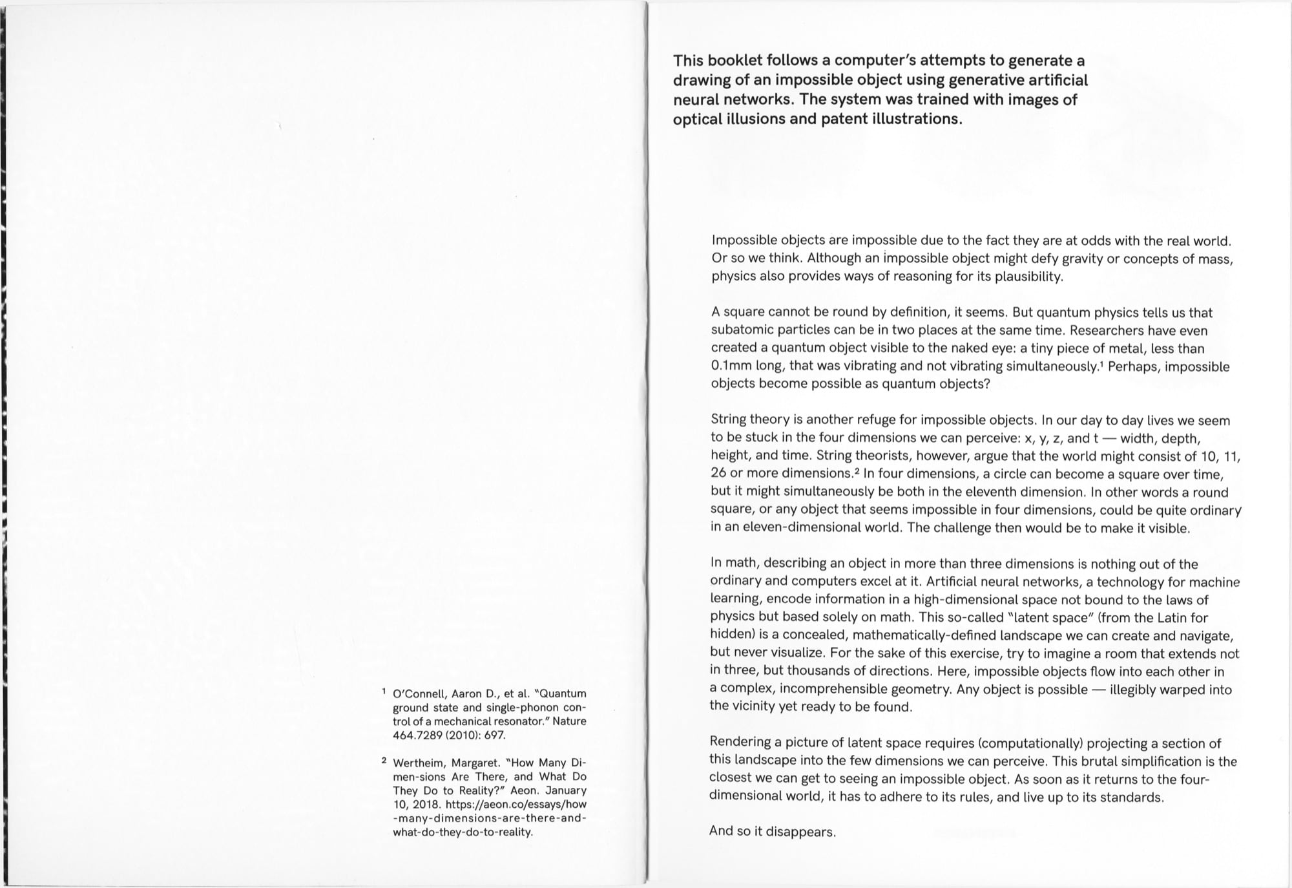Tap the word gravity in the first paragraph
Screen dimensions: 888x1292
1079,259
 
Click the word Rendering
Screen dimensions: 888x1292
740,743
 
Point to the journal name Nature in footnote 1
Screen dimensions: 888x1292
569,721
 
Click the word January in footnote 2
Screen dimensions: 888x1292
566,790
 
